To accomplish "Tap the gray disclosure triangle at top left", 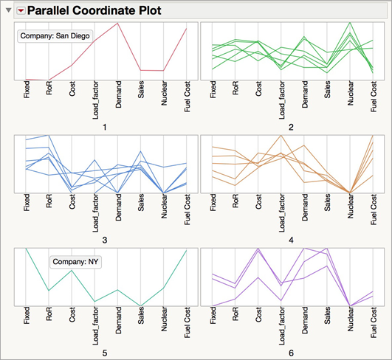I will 7,10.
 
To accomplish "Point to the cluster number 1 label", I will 106,128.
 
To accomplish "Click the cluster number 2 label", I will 292,128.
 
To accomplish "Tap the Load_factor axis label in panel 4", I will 281,215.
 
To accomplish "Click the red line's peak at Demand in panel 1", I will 118,24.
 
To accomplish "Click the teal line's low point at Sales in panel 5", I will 141,304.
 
